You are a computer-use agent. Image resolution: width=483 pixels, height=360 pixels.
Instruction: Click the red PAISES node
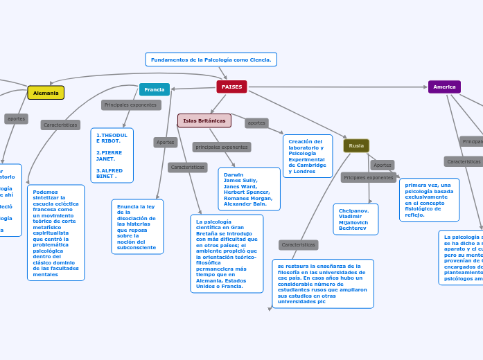click(231, 87)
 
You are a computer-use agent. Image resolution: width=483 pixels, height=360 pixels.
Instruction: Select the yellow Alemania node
click(46, 93)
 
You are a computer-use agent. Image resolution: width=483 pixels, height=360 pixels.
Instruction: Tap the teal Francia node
click(155, 89)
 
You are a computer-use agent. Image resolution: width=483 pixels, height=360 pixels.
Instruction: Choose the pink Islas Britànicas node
click(204, 120)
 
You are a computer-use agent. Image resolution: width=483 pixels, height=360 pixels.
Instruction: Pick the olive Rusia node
click(356, 145)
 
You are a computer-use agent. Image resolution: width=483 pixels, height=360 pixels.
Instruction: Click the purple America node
click(444, 87)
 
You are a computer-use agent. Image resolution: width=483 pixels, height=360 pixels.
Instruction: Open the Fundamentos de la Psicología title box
click(211, 60)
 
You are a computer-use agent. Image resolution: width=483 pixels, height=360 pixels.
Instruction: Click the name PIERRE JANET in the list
click(106, 155)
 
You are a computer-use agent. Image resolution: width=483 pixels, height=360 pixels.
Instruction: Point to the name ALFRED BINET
click(109, 173)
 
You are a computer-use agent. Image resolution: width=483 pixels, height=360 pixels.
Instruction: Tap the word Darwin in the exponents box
click(234, 174)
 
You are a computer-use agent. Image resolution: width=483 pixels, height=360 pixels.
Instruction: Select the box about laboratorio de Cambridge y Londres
click(308, 156)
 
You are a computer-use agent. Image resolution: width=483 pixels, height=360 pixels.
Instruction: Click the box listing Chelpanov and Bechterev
click(355, 219)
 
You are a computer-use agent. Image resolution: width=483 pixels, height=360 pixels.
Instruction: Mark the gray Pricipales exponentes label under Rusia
click(369, 178)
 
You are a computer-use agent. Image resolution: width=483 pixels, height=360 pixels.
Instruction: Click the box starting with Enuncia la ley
click(137, 226)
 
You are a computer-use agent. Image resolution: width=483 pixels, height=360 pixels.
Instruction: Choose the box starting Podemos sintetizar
click(56, 233)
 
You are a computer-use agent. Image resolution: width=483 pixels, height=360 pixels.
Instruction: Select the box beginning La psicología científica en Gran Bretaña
click(227, 253)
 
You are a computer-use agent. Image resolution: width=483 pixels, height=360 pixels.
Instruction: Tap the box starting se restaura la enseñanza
click(323, 283)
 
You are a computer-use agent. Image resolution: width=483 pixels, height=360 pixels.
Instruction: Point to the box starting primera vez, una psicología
click(429, 199)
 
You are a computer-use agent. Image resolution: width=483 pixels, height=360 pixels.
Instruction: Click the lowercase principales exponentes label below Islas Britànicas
click(222, 147)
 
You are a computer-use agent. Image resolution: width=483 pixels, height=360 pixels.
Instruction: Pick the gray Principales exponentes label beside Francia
click(131, 105)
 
